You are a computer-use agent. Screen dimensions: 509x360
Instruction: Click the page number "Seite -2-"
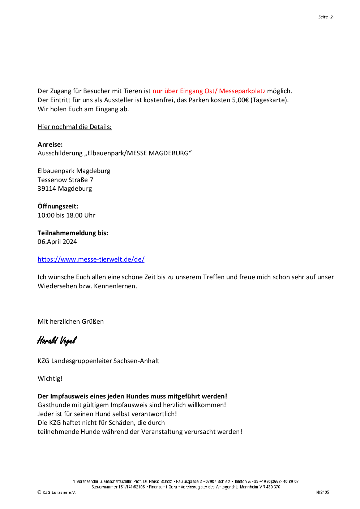point(326,17)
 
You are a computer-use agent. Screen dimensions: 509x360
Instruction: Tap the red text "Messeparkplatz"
point(242,91)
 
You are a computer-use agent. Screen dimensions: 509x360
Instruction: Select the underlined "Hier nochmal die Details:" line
point(74,127)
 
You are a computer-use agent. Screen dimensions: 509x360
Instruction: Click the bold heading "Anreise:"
point(50,144)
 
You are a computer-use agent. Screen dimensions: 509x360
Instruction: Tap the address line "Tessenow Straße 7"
point(65,180)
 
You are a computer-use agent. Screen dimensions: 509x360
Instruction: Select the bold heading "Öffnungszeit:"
point(58,206)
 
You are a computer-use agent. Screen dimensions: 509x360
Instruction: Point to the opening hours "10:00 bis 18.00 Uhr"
point(67,215)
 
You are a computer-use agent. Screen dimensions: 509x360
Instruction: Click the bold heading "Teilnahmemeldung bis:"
point(73,233)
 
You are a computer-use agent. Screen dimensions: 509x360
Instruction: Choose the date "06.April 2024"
point(57,242)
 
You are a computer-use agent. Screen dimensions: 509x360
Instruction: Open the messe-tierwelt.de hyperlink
point(91,259)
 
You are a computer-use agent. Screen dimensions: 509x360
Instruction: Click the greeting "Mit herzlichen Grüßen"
point(70,322)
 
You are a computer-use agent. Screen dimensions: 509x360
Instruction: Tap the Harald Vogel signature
point(57,340)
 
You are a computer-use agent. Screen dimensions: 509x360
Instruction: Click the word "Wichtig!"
point(50,379)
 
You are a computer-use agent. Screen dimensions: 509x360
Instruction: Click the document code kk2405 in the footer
point(322,492)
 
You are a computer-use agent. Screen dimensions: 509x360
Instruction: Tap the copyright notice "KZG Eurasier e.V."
point(59,492)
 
